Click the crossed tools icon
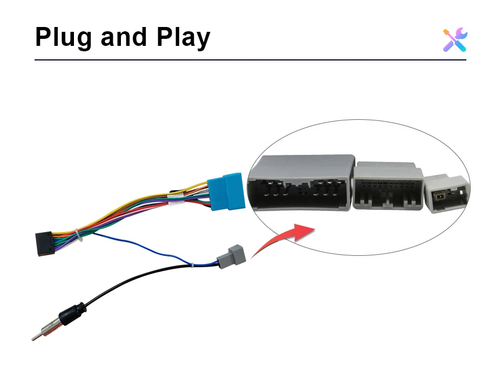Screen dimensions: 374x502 click(455, 40)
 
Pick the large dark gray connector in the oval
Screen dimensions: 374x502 click(300, 183)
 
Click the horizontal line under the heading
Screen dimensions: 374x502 click(250, 59)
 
